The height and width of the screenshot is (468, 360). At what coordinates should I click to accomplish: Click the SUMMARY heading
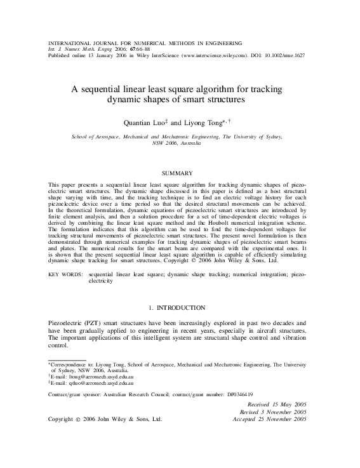click(180, 173)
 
